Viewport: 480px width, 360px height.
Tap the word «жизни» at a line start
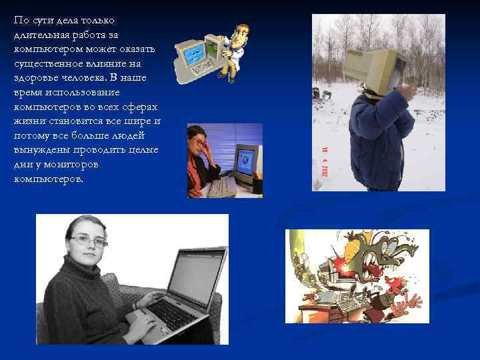(x=27, y=121)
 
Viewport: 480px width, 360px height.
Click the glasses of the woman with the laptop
(x=89, y=239)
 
